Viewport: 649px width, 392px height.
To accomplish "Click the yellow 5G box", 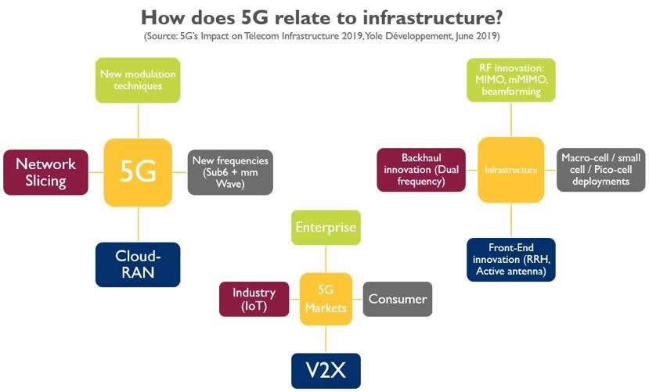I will (138, 172).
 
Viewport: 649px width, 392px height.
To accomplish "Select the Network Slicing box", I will (45, 172).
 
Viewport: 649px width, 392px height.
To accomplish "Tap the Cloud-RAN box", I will (138, 264).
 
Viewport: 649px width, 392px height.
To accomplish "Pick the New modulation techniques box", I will (138, 80).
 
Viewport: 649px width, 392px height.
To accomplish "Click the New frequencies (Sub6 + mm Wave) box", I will (229, 172).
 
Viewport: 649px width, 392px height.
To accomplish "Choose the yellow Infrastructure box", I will (510, 170).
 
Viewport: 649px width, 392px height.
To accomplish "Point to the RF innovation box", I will (510, 79).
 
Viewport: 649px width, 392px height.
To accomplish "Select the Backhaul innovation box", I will (422, 170).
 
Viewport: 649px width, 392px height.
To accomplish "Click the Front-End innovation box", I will (510, 259).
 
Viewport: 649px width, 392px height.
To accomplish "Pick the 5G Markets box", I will (325, 298).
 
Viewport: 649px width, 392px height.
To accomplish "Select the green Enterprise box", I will (325, 228).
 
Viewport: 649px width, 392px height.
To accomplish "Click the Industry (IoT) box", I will (254, 299).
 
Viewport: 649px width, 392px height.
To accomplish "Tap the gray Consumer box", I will (397, 299).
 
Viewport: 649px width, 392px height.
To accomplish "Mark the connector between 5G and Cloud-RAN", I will (138, 225).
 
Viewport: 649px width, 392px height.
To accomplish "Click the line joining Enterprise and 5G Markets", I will (325, 259).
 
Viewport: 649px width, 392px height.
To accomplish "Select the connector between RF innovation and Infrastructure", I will (510, 119).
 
